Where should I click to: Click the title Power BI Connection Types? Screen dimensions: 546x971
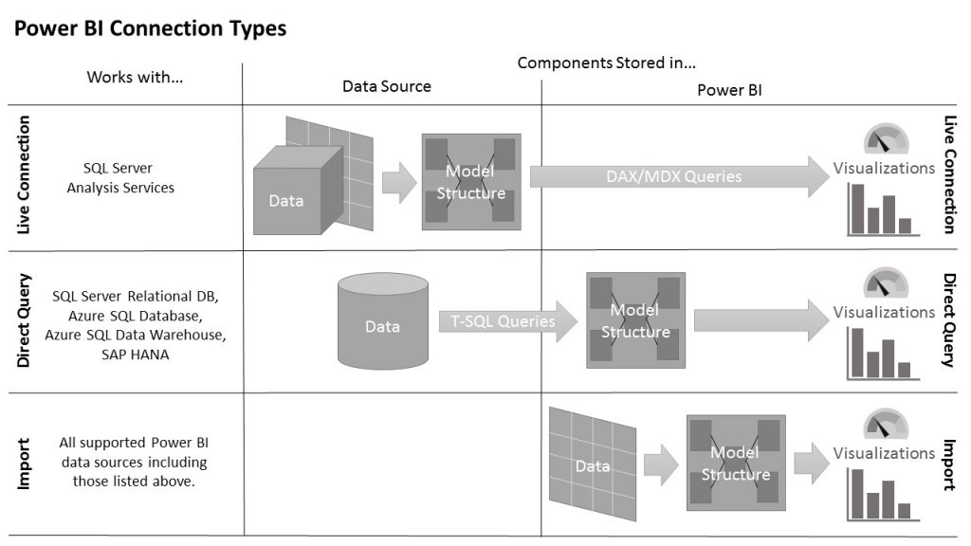point(150,29)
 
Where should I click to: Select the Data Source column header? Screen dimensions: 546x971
point(386,86)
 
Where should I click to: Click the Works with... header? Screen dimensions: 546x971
point(135,77)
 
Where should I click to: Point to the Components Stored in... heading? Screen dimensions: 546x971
point(607,64)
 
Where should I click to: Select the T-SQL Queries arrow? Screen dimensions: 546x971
point(507,321)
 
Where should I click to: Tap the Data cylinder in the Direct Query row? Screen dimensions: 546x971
point(382,323)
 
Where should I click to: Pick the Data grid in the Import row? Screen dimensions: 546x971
point(593,464)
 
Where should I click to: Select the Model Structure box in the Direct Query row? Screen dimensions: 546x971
point(634,320)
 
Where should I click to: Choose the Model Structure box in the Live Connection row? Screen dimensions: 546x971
point(470,181)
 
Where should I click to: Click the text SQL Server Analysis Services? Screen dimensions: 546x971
point(119,178)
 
